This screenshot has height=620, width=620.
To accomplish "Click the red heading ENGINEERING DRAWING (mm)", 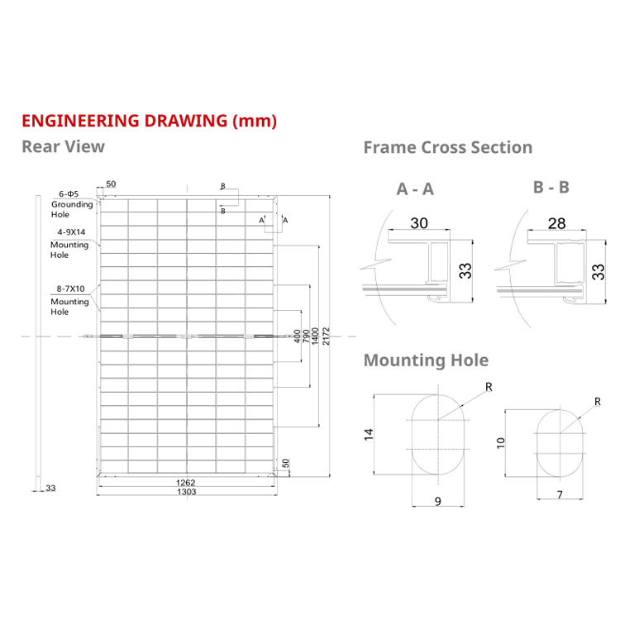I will coord(149,120).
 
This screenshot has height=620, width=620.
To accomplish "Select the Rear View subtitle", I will coord(63,146).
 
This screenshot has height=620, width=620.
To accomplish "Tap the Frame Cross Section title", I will coord(447,147).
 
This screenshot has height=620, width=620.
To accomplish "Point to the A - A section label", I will coord(415,189).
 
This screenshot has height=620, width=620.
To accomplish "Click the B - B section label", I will coord(551,187).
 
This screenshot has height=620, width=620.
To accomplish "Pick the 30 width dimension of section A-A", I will coord(419,223).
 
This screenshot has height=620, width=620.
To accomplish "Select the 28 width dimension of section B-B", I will coord(556,224).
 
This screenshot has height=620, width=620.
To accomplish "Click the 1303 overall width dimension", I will coord(187,492).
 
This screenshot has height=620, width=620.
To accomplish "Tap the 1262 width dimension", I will coord(187,483).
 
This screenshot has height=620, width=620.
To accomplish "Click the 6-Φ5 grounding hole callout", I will coord(69,193).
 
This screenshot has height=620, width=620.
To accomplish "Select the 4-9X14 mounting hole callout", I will coord(69,232).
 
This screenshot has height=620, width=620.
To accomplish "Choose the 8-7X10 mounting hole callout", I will coord(69,289).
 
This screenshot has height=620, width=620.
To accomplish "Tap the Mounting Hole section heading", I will coord(426,360).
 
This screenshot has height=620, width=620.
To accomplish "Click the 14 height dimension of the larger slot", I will coord(370,432).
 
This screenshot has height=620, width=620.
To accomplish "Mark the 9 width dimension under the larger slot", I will coord(438,500).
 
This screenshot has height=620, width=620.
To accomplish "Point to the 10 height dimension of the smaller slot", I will coord(499,443).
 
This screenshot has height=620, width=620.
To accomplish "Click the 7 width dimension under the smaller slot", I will coord(560,495).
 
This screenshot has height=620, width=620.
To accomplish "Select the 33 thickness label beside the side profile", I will coord(50,489).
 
